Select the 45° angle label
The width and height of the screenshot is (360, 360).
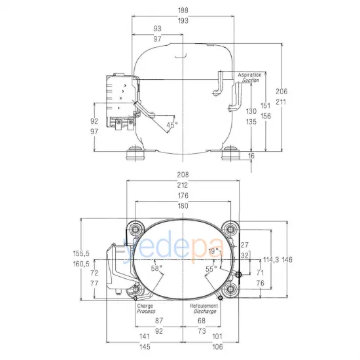171,124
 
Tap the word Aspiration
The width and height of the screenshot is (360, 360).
249,75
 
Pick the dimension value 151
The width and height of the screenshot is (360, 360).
266,105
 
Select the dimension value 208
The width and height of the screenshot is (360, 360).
183,175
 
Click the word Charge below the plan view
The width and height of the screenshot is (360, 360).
145,306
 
